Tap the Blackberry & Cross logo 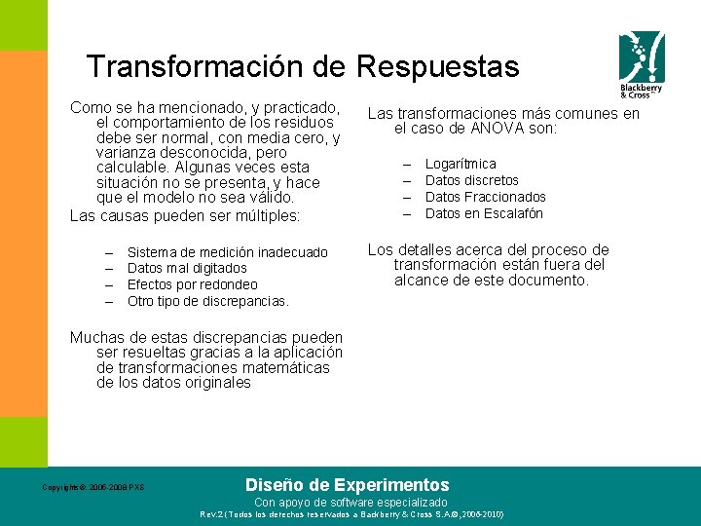pos(642,64)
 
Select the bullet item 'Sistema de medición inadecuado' pos(228,252)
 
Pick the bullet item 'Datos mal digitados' pos(187,268)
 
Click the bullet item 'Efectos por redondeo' pos(193,284)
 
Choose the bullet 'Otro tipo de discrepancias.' pos(208,301)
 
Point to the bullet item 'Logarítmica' pos(461,164)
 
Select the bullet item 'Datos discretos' pos(472,180)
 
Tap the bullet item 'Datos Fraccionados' pos(486,197)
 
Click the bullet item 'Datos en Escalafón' pos(484,213)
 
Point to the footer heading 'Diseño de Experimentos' pos(348,484)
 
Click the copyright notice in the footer pos(93,487)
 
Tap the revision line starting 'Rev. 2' pos(351,513)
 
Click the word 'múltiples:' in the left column pos(265,214)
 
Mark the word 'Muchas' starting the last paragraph pos(94,337)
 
